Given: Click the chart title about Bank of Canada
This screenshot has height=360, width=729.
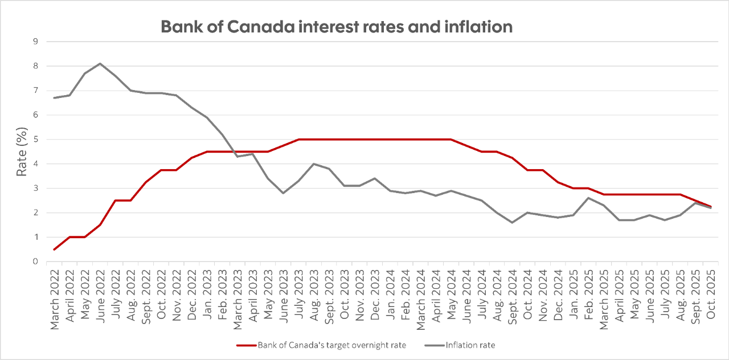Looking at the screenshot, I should click(337, 26).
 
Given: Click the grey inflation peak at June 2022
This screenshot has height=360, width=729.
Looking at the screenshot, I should click(101, 63).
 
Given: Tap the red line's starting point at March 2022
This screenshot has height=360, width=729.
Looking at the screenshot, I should click(55, 249).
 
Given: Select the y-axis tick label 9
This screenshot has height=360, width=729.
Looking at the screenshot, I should click(35, 42).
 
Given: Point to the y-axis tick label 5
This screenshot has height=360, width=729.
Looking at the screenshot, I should click(35, 139).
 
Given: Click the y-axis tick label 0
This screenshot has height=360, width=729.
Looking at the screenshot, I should click(35, 261).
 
